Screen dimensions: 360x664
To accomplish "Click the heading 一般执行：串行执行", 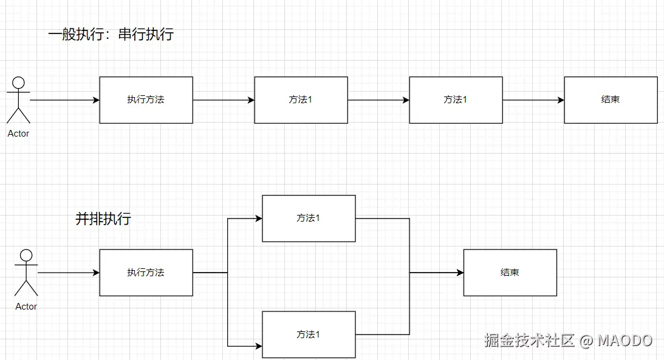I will click(x=111, y=35).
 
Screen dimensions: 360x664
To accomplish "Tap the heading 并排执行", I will click(x=103, y=219).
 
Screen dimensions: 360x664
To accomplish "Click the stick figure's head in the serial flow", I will click(x=19, y=83).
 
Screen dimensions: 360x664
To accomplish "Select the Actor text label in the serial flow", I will click(x=18, y=134).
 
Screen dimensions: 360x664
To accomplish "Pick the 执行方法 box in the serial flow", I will click(x=146, y=100).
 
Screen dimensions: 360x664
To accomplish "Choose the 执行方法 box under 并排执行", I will click(x=146, y=273).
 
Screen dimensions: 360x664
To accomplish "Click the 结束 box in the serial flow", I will click(x=611, y=100).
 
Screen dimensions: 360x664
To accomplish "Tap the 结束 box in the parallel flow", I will click(x=510, y=273).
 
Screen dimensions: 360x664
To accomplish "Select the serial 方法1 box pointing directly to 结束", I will click(x=456, y=100).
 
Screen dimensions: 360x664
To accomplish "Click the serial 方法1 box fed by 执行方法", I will click(x=301, y=100).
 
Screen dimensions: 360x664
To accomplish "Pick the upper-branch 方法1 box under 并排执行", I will click(x=309, y=218).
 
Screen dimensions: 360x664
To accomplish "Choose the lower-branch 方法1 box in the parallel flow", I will click(x=309, y=335).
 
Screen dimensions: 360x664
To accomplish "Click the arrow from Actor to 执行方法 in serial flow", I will click(x=64, y=100).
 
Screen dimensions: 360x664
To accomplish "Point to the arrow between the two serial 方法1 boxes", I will click(x=378, y=100).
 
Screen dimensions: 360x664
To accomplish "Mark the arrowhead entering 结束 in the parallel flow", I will click(x=460, y=273).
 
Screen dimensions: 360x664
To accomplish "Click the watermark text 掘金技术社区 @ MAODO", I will click(x=568, y=341).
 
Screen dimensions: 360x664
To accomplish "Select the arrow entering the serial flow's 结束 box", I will click(x=533, y=100).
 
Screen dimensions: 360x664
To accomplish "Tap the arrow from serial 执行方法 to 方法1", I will click(x=224, y=100).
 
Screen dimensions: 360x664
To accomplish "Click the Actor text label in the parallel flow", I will click(x=26, y=307).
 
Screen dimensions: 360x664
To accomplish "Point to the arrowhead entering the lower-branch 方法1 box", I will click(x=258, y=346).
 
